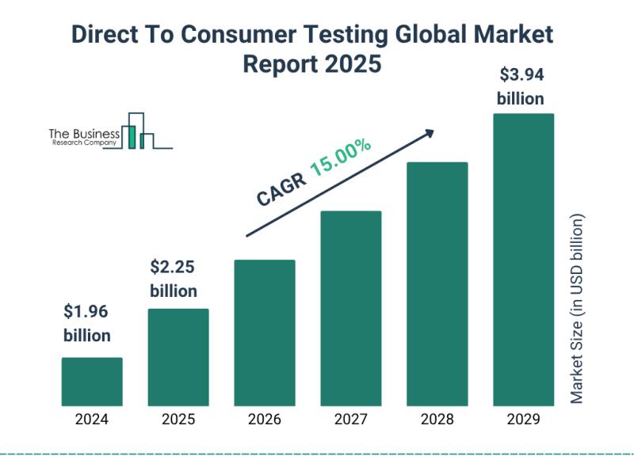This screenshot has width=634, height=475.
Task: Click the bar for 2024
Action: tap(92, 382)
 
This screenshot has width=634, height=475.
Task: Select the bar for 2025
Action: tap(178, 357)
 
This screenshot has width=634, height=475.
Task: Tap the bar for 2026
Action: tap(265, 332)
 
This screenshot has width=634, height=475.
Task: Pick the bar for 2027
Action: tap(351, 308)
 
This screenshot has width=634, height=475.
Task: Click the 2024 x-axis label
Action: tap(92, 420)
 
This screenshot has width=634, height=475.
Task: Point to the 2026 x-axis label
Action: tap(265, 420)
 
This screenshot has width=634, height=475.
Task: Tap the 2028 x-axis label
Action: tap(437, 420)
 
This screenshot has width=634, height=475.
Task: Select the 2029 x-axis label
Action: tap(523, 420)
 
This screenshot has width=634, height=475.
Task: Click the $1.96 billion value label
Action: tap(87, 323)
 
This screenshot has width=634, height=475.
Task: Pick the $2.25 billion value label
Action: tap(174, 278)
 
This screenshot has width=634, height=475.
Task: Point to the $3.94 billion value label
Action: tap(521, 87)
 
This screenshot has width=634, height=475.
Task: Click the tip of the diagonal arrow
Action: tap(433, 131)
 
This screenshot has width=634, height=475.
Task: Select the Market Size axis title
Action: tap(577, 309)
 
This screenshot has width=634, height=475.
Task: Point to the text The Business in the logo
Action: tap(85, 134)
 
